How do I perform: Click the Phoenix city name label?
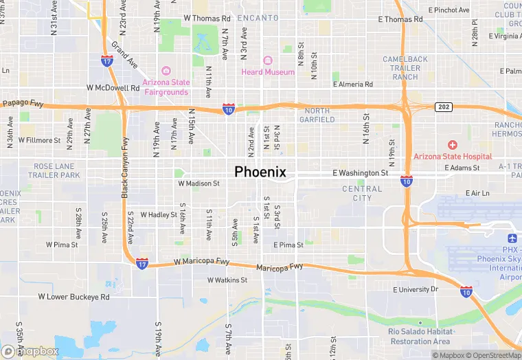(260, 172)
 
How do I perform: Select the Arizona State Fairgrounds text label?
(166, 87)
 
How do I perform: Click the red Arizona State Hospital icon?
(452, 144)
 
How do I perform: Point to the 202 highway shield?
(443, 106)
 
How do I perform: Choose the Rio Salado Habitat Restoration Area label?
(419, 337)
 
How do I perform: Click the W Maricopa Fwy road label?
(201, 262)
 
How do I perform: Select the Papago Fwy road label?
(23, 104)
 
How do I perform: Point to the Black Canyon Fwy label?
(125, 168)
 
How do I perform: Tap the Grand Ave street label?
(124, 54)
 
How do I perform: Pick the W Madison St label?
(198, 183)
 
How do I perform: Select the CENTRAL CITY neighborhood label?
(362, 193)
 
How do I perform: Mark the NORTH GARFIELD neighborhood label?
(317, 115)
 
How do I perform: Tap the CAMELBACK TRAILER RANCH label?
(405, 68)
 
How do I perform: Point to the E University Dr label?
(415, 289)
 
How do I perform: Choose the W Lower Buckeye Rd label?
(73, 297)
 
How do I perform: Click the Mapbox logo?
(31, 351)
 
